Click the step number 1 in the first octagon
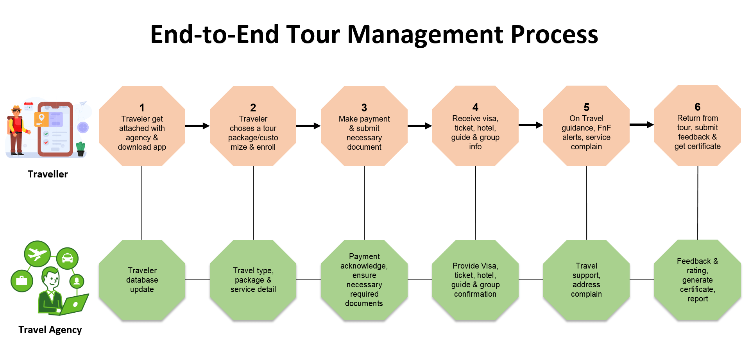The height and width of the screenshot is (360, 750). click(142, 107)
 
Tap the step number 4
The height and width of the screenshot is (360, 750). click(475, 107)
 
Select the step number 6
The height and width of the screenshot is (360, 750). click(698, 107)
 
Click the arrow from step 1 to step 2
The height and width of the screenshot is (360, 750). click(197, 126)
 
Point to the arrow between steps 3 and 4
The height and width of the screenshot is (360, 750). click(420, 126)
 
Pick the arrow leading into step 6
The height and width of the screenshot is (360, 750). click(642, 125)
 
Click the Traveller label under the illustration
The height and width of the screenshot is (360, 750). click(48, 174)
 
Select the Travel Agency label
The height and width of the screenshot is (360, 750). click(50, 330)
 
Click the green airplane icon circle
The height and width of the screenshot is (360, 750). click(37, 254)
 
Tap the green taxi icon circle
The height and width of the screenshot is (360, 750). click(67, 258)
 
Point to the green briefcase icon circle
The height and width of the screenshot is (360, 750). click(22, 281)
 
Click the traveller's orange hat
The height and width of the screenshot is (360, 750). click(16, 108)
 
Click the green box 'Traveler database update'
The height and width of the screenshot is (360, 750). click(142, 280)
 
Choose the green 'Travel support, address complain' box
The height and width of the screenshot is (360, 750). click(586, 280)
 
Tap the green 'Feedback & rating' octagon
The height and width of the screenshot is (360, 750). click(698, 280)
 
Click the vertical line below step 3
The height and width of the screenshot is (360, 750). click(364, 203)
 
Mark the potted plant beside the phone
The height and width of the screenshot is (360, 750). click(81, 149)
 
